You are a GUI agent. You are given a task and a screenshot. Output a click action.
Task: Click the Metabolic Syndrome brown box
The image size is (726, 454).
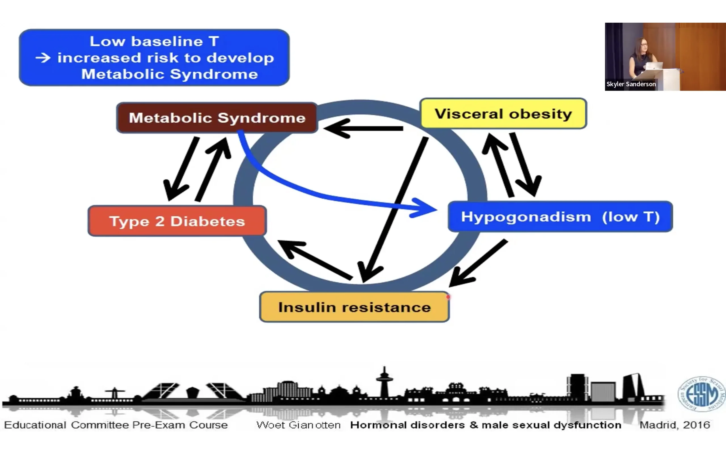(217, 118)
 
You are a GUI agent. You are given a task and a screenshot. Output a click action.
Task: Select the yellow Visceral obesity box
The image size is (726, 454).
(503, 114)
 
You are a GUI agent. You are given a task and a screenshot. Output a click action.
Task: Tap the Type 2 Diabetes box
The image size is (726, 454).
(177, 221)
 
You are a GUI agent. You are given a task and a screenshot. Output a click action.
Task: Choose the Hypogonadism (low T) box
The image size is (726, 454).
(560, 217)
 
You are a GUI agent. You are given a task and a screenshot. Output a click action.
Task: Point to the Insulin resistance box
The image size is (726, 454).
(354, 307)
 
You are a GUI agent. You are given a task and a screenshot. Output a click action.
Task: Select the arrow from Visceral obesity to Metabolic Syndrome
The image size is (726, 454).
(363, 129)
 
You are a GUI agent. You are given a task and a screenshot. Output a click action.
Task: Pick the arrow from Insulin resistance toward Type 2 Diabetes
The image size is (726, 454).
(315, 260)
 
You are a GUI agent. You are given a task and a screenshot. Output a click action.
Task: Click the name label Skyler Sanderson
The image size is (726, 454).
(631, 84)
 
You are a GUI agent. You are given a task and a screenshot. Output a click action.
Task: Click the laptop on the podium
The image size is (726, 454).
(654, 66)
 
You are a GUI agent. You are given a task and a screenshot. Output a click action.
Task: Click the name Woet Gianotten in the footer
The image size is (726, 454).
(298, 425)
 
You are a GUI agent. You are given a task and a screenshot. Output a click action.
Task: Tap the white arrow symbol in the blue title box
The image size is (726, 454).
(43, 58)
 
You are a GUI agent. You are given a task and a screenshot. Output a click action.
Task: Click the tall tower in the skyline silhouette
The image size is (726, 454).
(384, 381)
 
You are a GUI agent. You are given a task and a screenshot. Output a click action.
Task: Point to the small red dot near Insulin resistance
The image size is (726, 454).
(448, 297)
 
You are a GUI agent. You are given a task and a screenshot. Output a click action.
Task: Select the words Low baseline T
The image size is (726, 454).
(154, 41)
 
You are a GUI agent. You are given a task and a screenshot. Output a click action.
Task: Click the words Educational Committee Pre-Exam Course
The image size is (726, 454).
(116, 425)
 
